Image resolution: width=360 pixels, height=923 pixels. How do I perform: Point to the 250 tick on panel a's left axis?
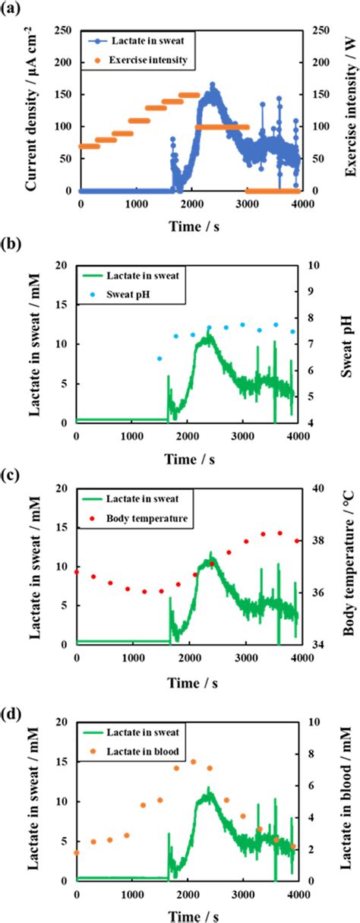point(66,31)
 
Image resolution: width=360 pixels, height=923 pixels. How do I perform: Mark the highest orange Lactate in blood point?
point(193,761)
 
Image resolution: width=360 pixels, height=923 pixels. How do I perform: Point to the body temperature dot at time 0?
point(77,571)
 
